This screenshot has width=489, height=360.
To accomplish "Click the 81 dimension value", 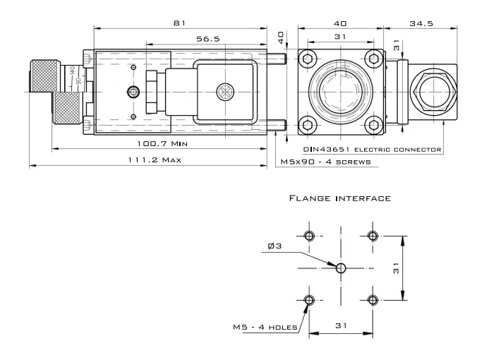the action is (x=179, y=23).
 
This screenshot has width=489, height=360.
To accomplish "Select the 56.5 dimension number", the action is (x=208, y=39).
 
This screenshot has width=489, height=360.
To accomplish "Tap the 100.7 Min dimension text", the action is (x=162, y=144).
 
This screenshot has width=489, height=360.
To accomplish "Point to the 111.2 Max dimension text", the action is (x=155, y=160).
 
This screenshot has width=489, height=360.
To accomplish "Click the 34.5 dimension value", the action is (x=421, y=24).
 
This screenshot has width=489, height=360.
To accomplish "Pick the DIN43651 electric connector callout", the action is (x=373, y=150).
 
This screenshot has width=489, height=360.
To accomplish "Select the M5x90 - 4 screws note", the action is (x=325, y=162).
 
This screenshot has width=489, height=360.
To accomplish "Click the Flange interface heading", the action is (x=340, y=198).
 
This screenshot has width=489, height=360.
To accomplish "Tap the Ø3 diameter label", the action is (x=274, y=246).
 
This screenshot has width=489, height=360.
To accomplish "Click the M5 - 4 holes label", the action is (x=265, y=328).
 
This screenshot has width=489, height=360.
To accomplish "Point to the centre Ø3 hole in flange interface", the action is (x=341, y=268).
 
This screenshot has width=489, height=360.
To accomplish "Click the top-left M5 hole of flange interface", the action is (x=309, y=236).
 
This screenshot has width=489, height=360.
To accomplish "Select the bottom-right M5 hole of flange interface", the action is (x=373, y=300).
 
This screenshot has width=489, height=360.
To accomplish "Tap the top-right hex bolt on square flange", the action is (x=373, y=59).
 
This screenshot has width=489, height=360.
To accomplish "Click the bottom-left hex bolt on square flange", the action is (x=308, y=125).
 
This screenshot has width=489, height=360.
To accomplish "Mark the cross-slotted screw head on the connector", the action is (x=225, y=92).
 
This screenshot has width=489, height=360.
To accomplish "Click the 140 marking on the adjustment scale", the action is (x=73, y=71).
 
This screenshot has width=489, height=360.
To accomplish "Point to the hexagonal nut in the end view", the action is (x=433, y=92).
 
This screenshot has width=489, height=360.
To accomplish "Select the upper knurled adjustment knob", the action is (x=44, y=76).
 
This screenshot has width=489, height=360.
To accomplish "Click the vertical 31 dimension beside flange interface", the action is (x=396, y=268).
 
